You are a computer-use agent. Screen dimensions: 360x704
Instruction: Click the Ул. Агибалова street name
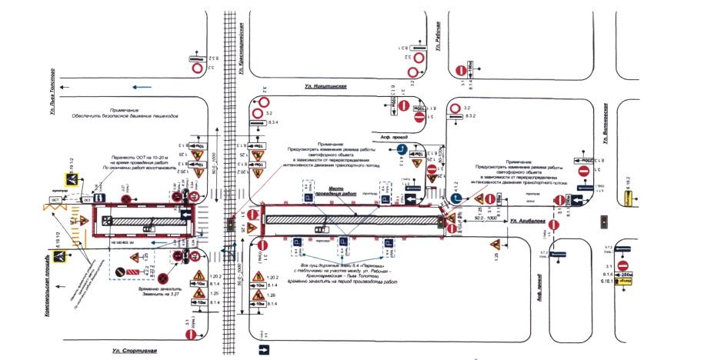tap(526, 222)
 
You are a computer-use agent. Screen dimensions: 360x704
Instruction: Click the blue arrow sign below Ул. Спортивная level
tap(265, 352)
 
